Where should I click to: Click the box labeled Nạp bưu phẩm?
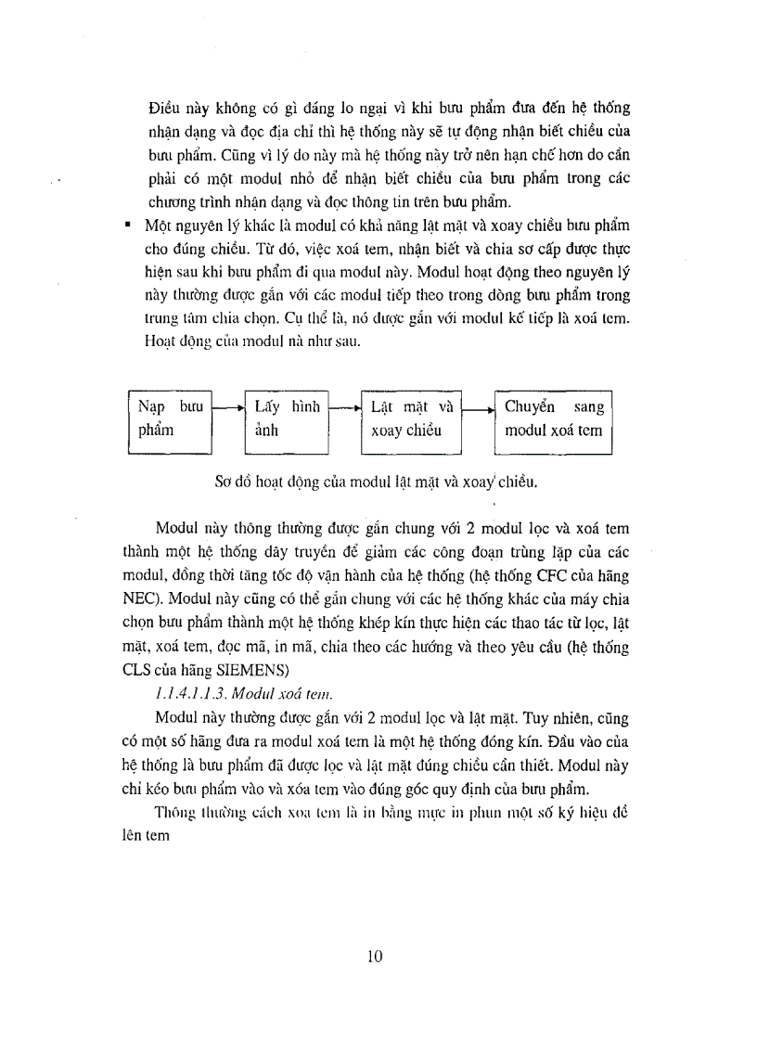tap(169, 418)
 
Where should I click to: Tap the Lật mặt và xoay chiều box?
tap(409, 418)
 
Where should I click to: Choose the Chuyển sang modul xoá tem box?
tap(553, 418)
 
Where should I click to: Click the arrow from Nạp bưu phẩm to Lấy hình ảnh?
tap(227, 406)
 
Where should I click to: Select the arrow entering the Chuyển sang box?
tap(477, 406)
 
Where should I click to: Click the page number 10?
tap(376, 958)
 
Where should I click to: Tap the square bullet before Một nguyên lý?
tap(135, 225)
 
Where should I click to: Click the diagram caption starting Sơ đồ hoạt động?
tap(376, 482)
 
